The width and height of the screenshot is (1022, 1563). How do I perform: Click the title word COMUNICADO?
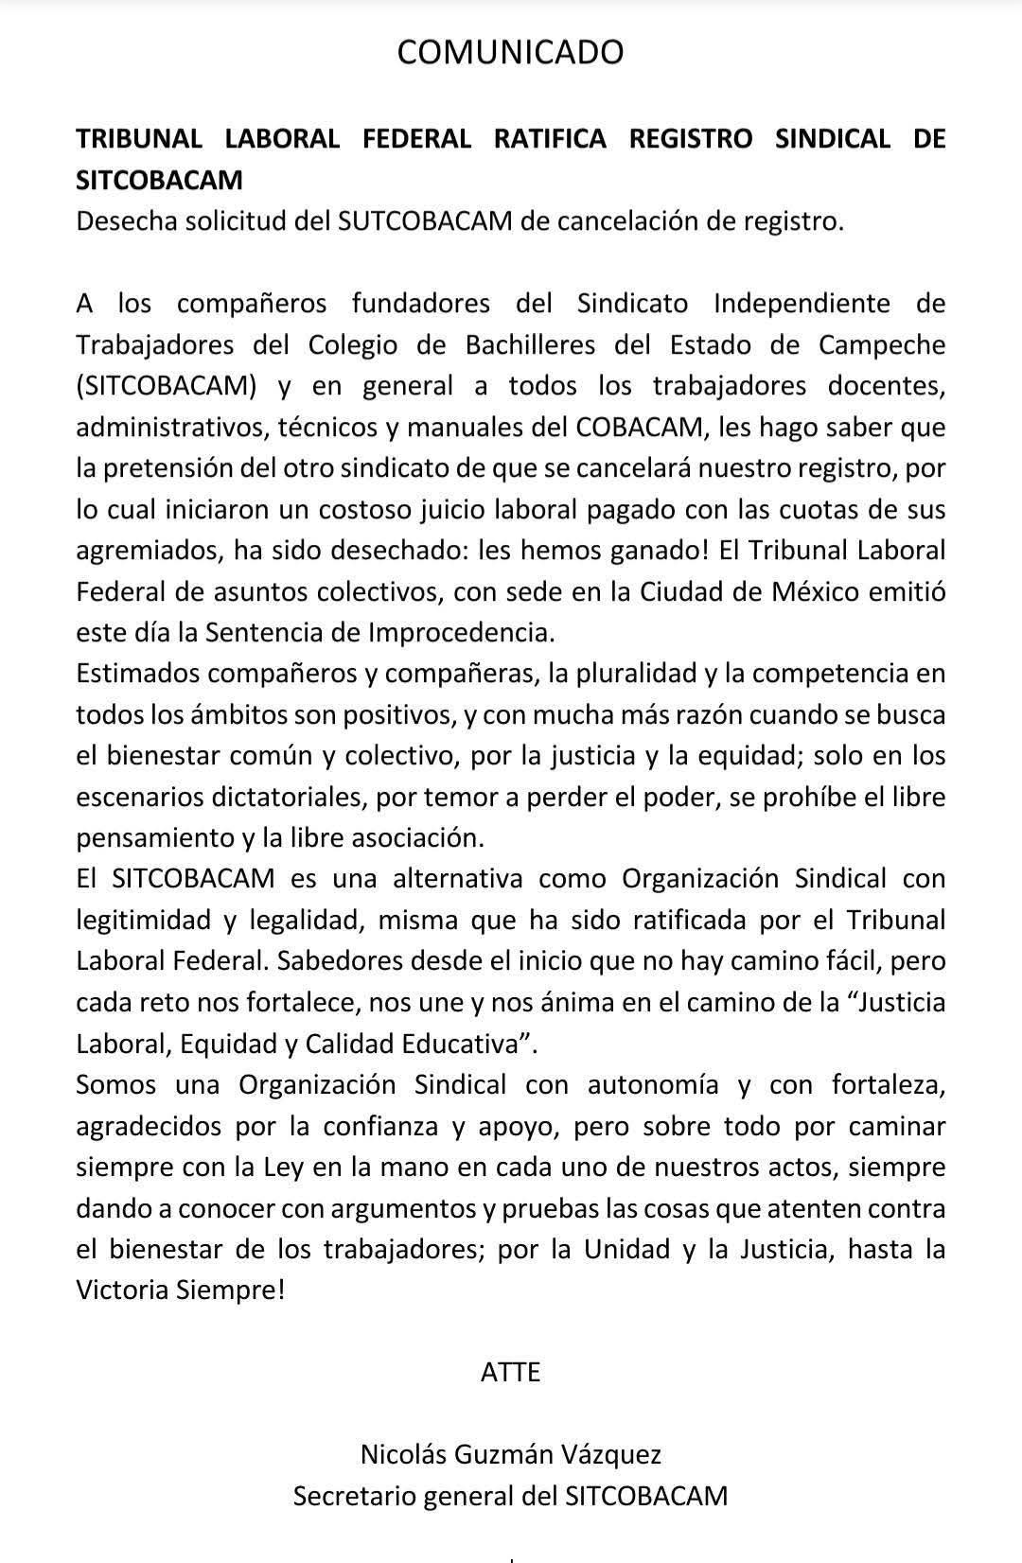510,52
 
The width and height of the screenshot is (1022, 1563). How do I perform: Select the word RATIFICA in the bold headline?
550,138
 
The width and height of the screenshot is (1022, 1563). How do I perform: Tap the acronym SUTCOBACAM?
424,221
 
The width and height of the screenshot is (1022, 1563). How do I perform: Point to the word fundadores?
421,304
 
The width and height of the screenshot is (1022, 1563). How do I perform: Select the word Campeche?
882,344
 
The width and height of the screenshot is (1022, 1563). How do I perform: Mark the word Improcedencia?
508,632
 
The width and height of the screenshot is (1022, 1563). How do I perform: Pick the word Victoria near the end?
123,1291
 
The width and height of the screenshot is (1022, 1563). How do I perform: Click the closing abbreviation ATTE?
510,1372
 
